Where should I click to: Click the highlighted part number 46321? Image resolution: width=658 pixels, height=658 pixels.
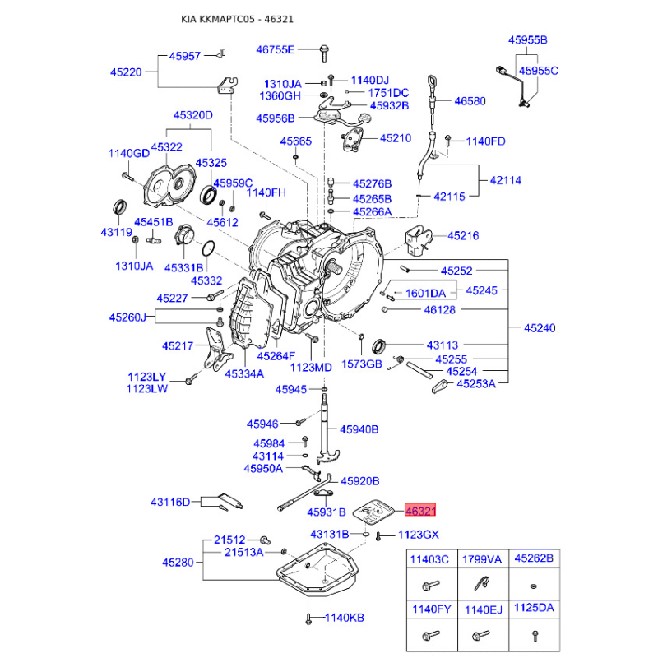(x=420, y=510)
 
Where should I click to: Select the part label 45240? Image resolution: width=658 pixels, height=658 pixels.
(x=540, y=327)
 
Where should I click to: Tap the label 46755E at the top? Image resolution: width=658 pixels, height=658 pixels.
(x=276, y=49)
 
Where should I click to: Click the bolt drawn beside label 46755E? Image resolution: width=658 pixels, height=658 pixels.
(x=324, y=53)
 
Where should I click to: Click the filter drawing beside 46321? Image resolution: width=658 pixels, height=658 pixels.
(x=373, y=512)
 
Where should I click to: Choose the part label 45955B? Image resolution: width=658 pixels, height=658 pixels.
(x=527, y=39)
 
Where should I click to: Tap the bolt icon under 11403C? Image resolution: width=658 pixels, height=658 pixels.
(x=431, y=585)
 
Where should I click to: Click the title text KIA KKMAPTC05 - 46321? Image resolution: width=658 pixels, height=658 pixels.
(x=237, y=19)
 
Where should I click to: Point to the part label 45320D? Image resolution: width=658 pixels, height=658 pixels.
(x=193, y=114)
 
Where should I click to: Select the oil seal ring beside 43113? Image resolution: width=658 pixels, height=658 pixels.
(x=380, y=345)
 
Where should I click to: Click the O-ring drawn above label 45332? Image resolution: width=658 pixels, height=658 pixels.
(x=208, y=248)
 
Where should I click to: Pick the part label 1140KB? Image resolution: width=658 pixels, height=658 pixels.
(x=344, y=618)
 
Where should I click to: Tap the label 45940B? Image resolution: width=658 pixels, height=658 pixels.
(x=359, y=429)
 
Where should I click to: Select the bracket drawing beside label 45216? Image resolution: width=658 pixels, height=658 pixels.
(x=419, y=240)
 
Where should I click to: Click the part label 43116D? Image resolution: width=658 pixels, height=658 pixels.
(x=170, y=502)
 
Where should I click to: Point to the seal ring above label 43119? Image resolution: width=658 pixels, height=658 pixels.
(x=120, y=207)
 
